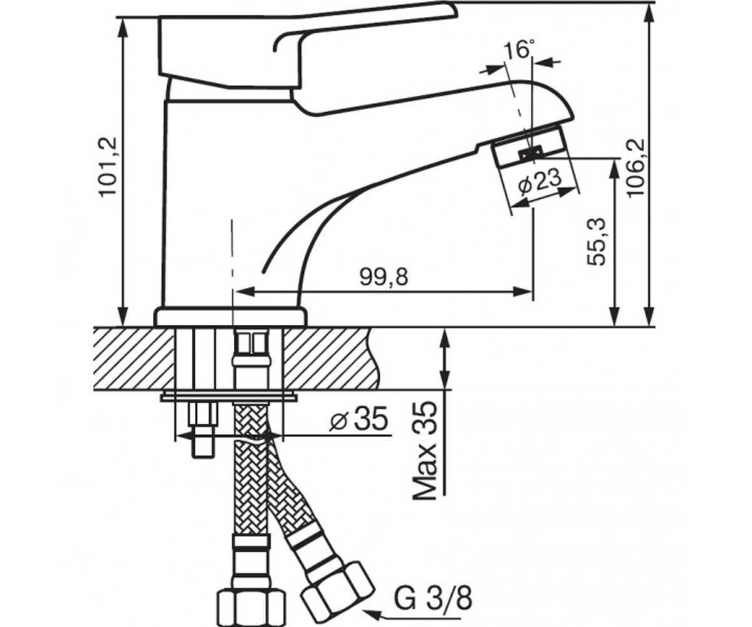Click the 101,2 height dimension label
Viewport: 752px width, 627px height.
click(x=108, y=167)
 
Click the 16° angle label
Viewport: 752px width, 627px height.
click(x=519, y=50)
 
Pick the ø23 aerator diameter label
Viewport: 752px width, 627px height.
click(x=540, y=181)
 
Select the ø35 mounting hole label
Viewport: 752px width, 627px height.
click(x=359, y=419)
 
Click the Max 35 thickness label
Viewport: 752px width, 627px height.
click(x=426, y=450)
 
